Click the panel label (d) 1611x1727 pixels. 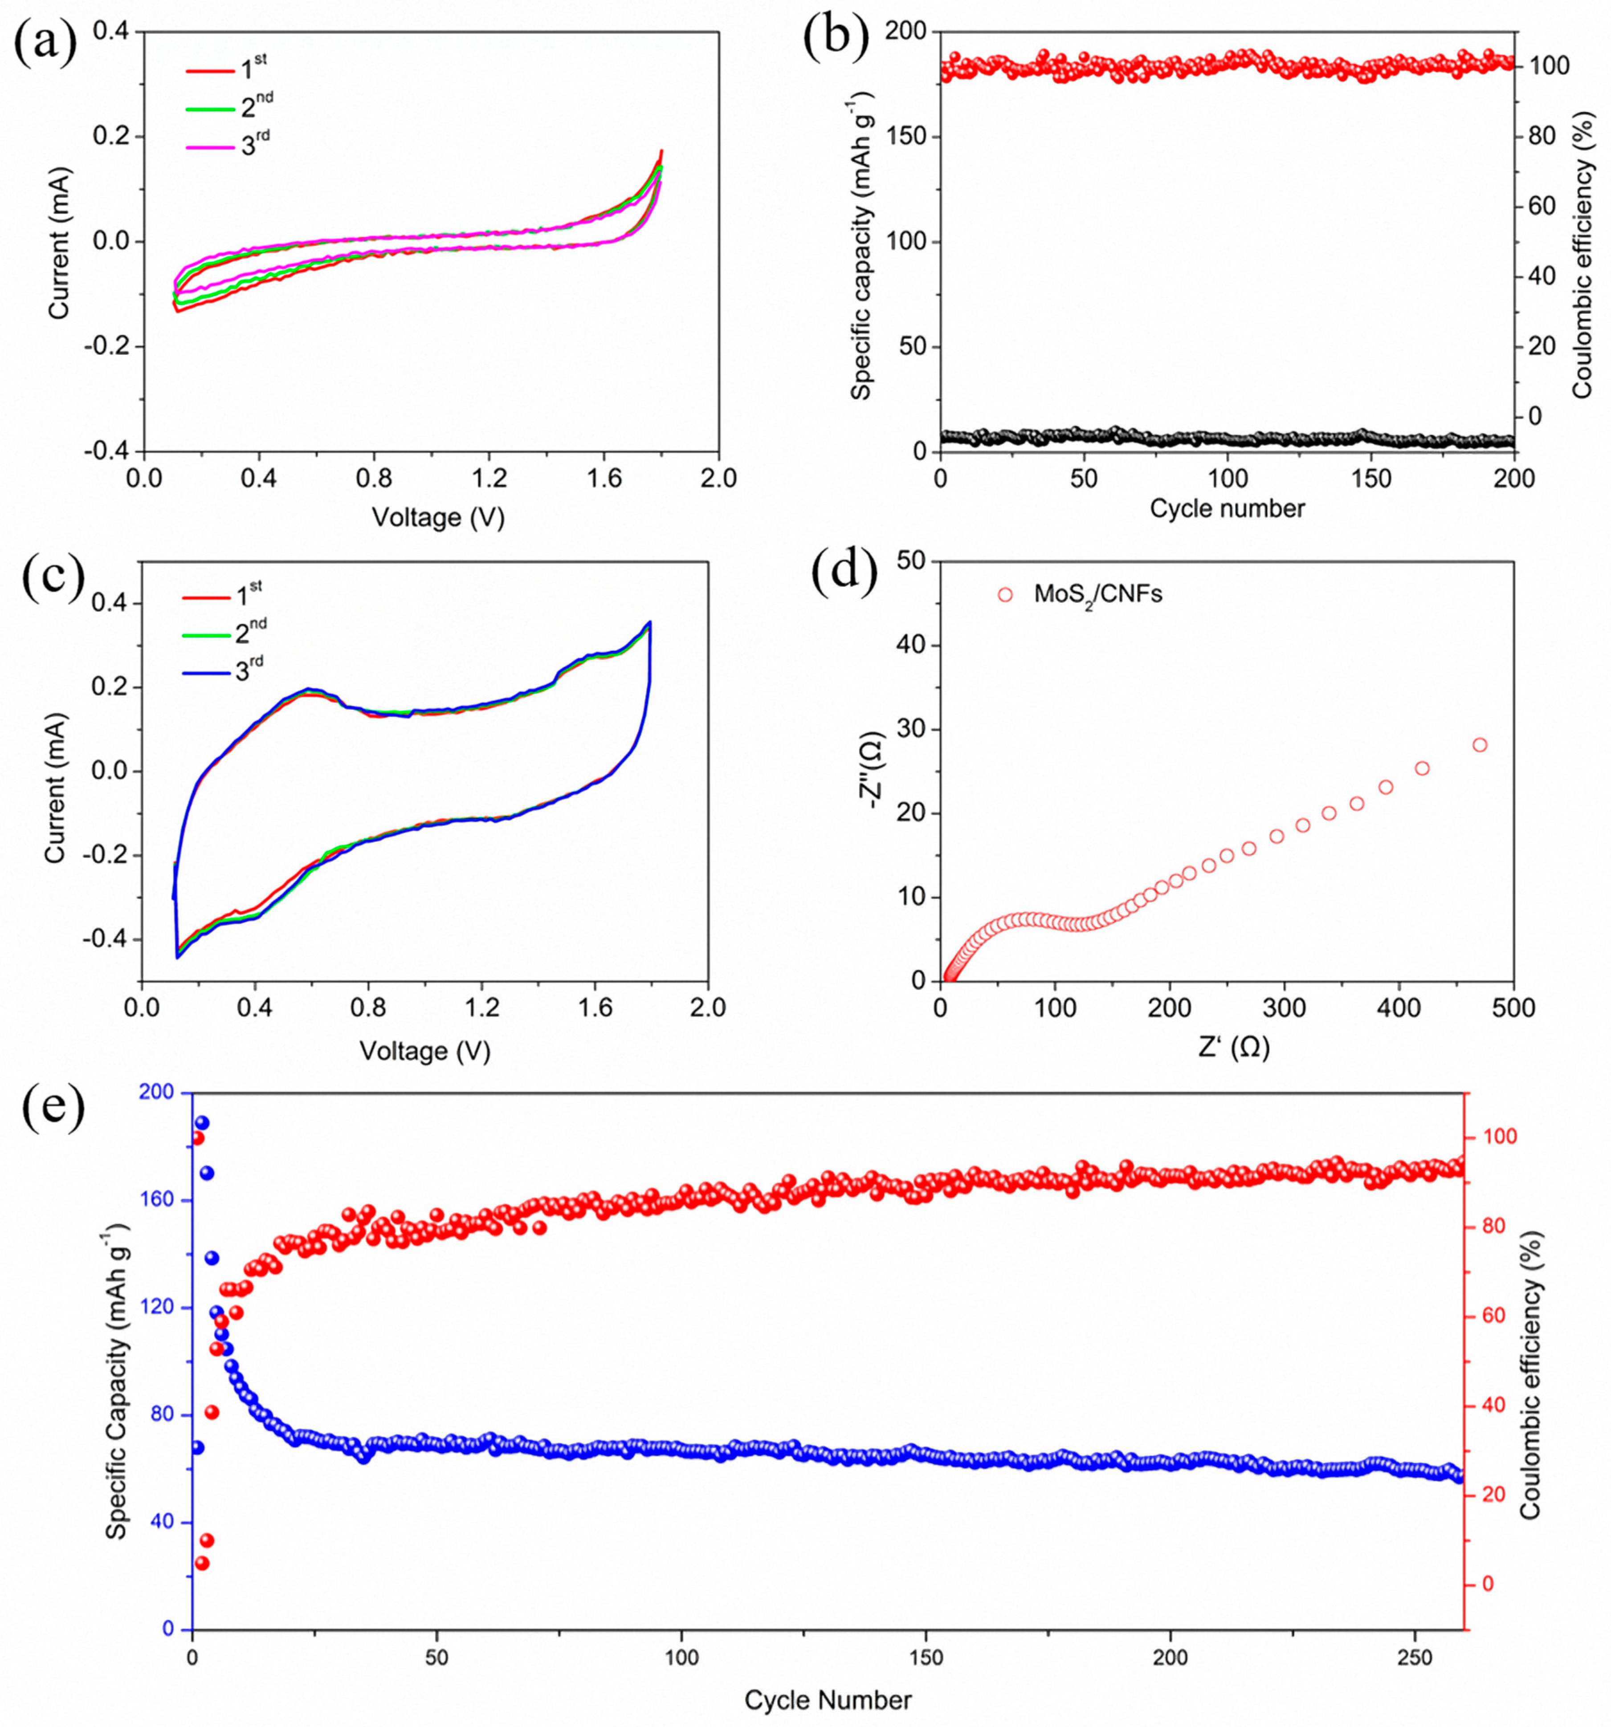tap(843, 573)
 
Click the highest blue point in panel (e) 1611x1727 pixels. tap(202, 1123)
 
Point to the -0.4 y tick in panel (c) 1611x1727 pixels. tap(104, 939)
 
